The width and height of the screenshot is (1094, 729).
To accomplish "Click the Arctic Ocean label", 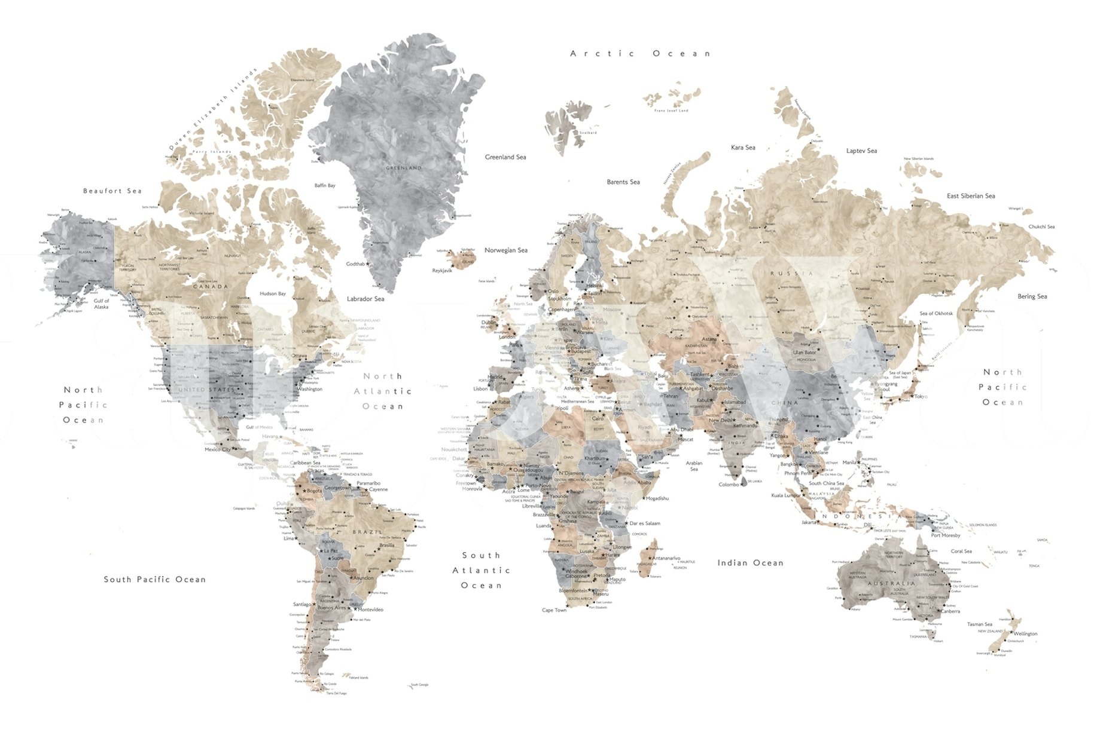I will click(640, 54).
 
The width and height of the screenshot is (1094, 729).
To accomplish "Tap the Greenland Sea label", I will click(505, 157).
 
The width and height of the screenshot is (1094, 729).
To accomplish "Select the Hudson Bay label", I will click(273, 294).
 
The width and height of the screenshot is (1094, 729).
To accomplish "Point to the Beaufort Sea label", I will click(112, 191).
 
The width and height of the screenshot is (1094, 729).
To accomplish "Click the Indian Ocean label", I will click(750, 563).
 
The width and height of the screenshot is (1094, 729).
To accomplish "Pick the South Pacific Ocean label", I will click(155, 580).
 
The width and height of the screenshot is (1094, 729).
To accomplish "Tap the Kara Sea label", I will click(743, 148).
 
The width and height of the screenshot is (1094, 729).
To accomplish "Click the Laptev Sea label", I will click(861, 151).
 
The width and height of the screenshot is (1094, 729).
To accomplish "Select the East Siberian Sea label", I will click(971, 196).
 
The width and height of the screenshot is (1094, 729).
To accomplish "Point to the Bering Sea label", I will click(1032, 296).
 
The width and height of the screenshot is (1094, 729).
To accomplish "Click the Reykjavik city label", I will click(443, 271).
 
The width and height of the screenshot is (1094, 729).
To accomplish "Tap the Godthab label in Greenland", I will click(355, 264).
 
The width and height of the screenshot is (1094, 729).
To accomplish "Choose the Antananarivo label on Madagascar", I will click(666, 558).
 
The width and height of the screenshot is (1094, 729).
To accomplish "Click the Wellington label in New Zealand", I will click(1025, 634).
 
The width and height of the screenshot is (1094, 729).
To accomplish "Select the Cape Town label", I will click(554, 610).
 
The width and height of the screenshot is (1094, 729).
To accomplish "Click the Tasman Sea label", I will click(980, 624).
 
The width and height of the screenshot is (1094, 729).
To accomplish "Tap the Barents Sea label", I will click(623, 182).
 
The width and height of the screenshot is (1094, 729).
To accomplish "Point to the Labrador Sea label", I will click(365, 299).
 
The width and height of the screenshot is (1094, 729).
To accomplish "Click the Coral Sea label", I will click(961, 552).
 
